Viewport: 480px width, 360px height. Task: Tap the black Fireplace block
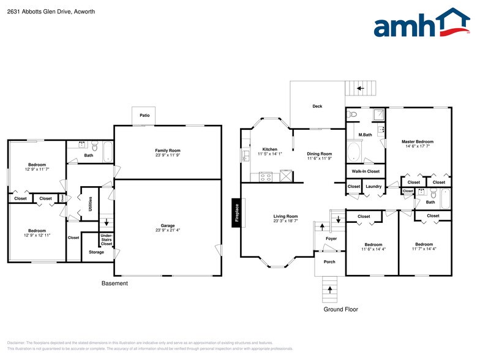[236, 214]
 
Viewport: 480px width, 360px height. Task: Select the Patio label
[144, 115]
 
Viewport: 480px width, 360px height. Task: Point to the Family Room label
[167, 150]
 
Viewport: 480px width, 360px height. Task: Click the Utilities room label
[90, 203]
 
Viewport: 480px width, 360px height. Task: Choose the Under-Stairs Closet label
[106, 239]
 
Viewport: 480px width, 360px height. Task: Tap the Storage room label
[96, 252]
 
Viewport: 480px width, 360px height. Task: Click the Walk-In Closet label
[365, 171]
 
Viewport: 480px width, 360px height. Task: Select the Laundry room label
[373, 186]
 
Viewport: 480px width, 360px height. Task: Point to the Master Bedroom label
[419, 141]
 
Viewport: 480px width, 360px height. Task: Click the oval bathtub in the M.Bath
[355, 151]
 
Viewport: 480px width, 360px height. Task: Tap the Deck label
[317, 107]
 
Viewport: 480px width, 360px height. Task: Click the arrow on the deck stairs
[361, 88]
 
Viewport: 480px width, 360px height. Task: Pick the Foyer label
[331, 239]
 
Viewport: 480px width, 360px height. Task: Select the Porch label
[329, 263]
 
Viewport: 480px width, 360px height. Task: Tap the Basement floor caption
[114, 283]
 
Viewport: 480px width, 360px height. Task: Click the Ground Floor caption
[340, 310]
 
